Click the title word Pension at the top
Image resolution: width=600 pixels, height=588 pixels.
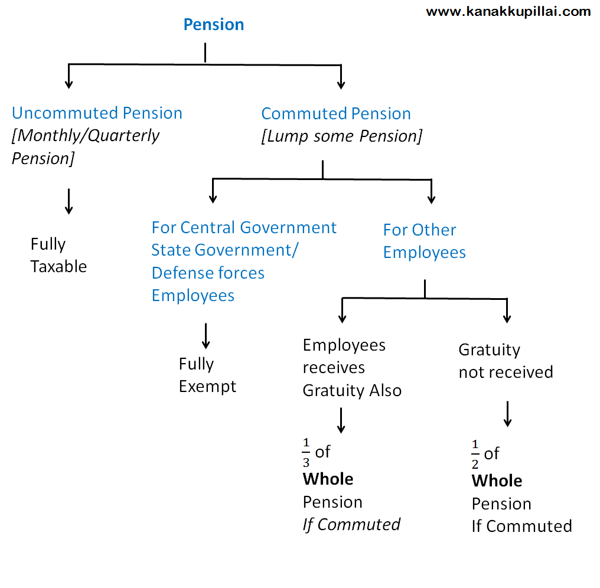coord(214,24)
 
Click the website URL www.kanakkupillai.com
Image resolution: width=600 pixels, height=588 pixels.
coord(508,12)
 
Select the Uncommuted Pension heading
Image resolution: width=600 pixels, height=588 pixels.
coord(97,113)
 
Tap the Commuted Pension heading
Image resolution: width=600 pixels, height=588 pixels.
coord(336,113)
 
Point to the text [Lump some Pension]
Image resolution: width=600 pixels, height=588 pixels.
coord(342,136)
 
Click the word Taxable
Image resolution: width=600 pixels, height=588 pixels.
coord(58,267)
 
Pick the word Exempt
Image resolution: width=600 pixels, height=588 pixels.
coord(207,387)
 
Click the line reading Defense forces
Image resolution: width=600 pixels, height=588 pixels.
coord(208,273)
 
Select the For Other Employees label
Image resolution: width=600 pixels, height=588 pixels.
coord(425,241)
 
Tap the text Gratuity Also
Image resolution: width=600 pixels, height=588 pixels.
coord(352,391)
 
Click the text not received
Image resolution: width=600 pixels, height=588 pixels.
coord(506,373)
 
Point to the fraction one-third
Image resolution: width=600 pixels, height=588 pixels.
coord(306,453)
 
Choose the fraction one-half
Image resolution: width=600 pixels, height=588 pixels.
coord(475,455)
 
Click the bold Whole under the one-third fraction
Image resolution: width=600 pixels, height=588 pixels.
coord(328,479)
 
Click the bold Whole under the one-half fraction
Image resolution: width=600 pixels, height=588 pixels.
coord(497,481)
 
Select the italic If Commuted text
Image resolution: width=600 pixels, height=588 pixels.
coord(351,525)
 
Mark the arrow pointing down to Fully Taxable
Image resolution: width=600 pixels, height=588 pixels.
coord(69,201)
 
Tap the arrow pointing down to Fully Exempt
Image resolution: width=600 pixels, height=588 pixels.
coord(206,337)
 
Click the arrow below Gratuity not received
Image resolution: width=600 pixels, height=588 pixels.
coord(507,414)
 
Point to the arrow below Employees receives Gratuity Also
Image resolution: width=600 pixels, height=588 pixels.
coord(341,420)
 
